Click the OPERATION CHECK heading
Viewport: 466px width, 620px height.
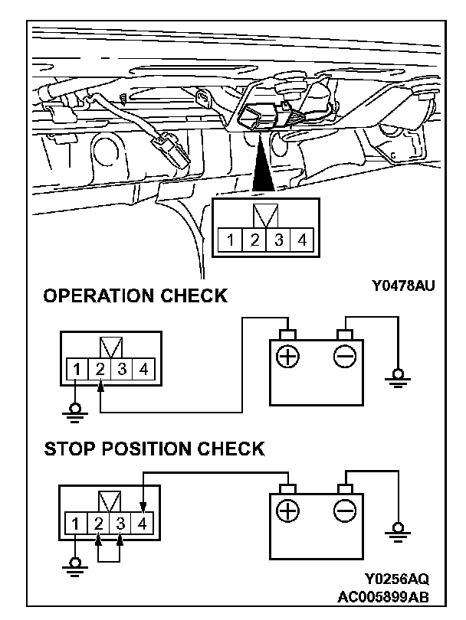coord(135,296)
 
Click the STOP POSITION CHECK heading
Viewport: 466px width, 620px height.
coord(154,449)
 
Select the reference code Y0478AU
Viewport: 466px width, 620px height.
coord(404,286)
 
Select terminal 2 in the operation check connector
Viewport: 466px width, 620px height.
coord(100,370)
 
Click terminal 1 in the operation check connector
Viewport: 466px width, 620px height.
coord(77,370)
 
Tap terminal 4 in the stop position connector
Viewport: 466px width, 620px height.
coord(143,524)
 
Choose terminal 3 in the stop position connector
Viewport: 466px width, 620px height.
coord(121,524)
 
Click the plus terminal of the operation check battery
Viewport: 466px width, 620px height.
coord(289,357)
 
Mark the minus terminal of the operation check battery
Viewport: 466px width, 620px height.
coord(343,357)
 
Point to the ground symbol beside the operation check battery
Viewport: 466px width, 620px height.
coord(397,377)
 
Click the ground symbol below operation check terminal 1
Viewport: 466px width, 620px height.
coord(74,409)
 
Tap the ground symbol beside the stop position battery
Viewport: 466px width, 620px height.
coord(397,530)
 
